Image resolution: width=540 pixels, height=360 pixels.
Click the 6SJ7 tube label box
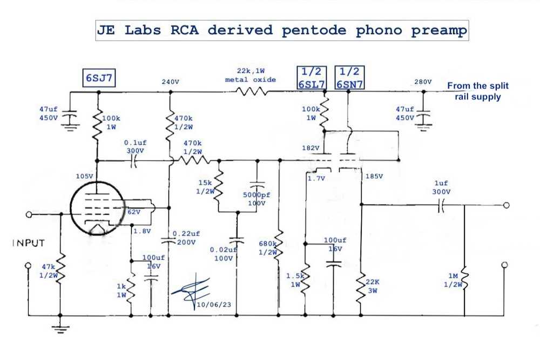(x=99, y=79)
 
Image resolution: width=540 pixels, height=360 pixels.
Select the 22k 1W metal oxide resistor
(x=251, y=92)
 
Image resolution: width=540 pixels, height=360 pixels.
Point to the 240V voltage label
(x=170, y=82)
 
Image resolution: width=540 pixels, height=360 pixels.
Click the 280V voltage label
(x=423, y=82)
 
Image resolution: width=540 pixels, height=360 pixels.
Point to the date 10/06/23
(x=214, y=305)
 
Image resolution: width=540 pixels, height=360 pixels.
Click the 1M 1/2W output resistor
(x=464, y=280)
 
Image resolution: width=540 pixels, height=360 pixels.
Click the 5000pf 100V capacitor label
(x=256, y=199)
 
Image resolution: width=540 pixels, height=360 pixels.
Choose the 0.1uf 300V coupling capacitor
(x=133, y=160)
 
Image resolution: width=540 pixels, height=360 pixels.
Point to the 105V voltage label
(x=85, y=176)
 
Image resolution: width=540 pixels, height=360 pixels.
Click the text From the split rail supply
(x=477, y=91)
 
